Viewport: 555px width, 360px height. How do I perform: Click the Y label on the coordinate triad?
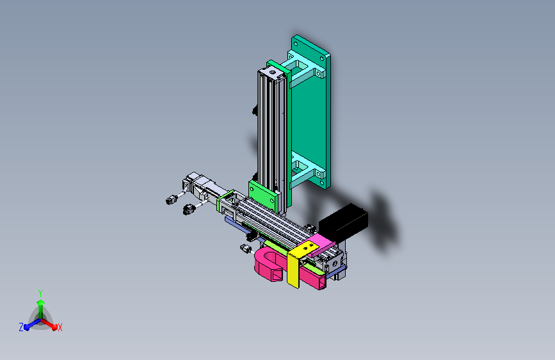(x=40, y=293)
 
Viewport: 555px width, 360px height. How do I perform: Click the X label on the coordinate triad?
(x=60, y=328)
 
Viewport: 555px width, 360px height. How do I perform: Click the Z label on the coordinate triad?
(x=21, y=327)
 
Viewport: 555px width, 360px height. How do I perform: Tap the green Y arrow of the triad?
(x=41, y=309)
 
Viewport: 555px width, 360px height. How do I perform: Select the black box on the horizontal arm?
(x=343, y=222)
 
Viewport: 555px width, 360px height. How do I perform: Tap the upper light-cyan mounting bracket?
(x=303, y=69)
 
